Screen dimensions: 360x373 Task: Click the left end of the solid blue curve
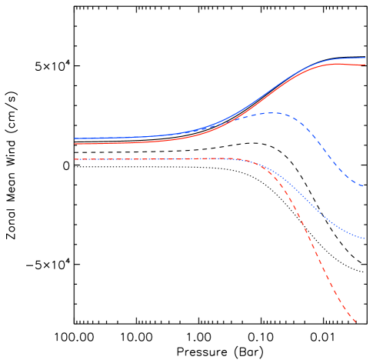pyautogui.click(x=75, y=139)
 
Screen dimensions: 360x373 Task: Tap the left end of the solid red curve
pyautogui.click(x=75, y=144)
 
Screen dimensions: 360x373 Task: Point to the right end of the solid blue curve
pyautogui.click(x=365, y=58)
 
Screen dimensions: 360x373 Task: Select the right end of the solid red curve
pyautogui.click(x=365, y=65)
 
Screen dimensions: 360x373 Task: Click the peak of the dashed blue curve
pyautogui.click(x=273, y=113)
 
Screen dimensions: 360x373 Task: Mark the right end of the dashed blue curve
pyautogui.click(x=364, y=186)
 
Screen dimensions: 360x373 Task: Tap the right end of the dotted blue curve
pyautogui.click(x=364, y=238)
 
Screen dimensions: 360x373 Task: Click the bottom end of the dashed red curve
pyautogui.click(x=355, y=323)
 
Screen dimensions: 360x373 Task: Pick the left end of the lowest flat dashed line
pyautogui.click(x=75, y=159)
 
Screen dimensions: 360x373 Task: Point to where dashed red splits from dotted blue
pyautogui.click(x=261, y=168)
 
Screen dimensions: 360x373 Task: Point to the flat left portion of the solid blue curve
pyautogui.click(x=115, y=138)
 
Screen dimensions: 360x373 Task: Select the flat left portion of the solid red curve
pyautogui.click(x=115, y=143)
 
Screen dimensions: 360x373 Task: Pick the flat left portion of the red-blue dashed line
pyautogui.click(x=131, y=159)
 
